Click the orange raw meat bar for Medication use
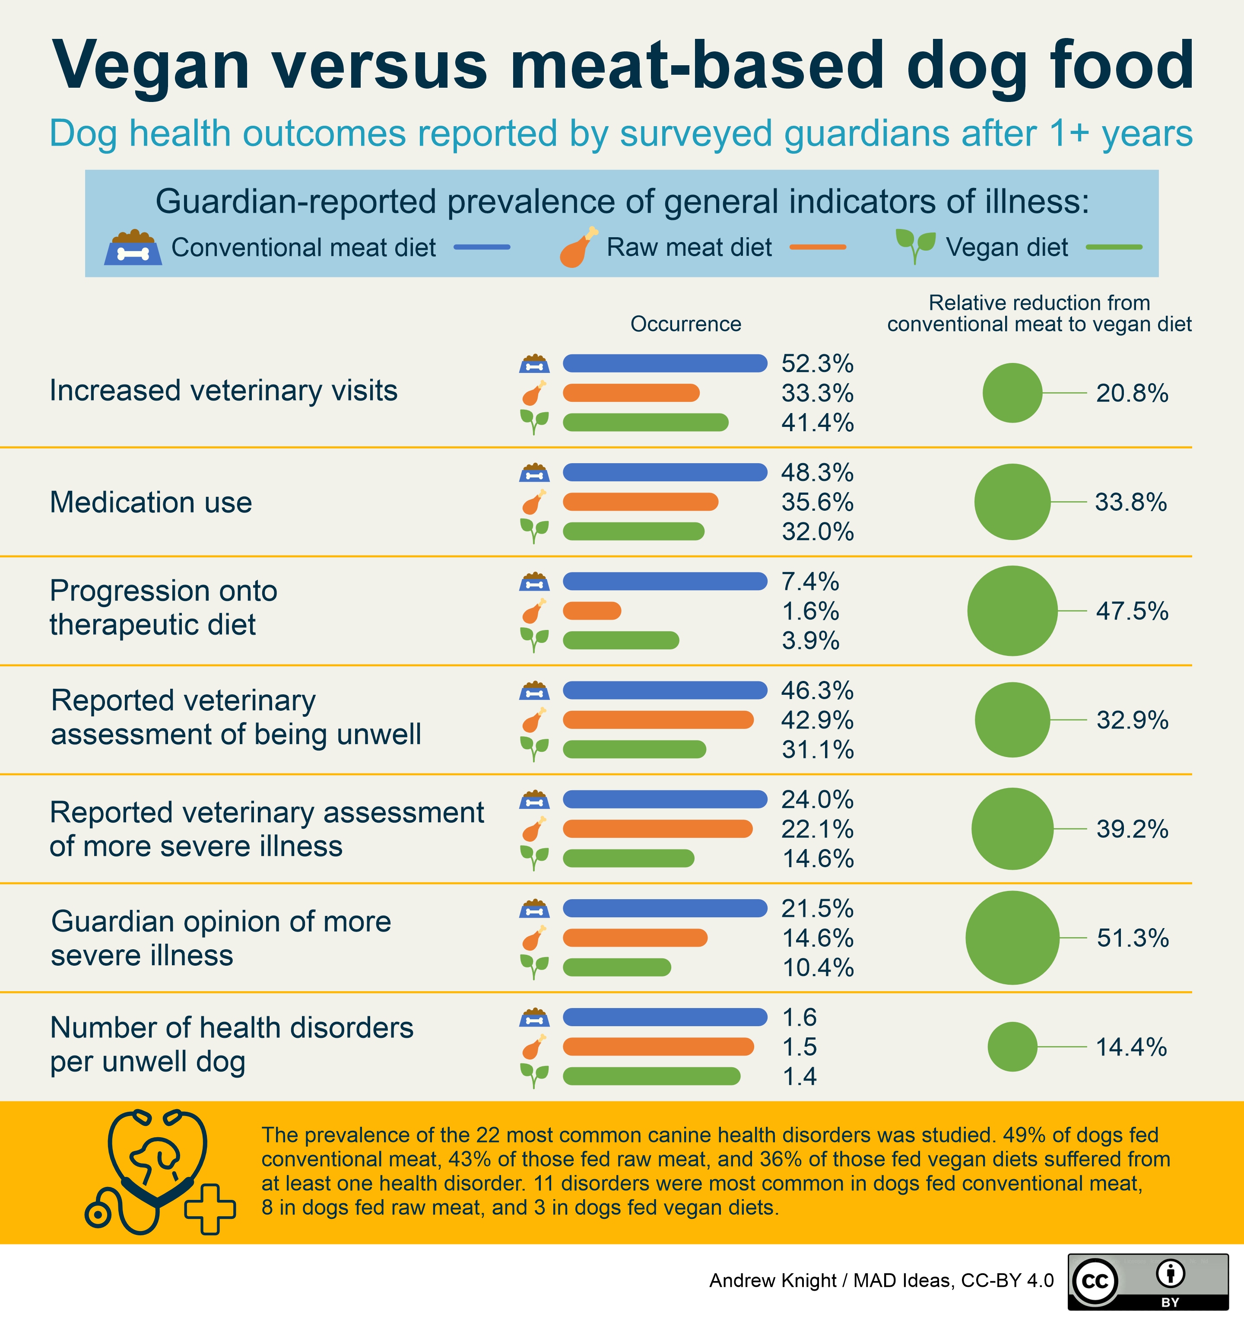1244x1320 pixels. pyautogui.click(x=640, y=502)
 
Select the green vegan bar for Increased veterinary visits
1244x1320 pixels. pyautogui.click(x=645, y=422)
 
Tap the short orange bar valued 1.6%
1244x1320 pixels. pyautogui.click(x=591, y=611)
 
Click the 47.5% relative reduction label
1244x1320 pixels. pyautogui.click(x=1132, y=611)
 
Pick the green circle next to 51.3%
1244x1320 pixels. pyautogui.click(x=1012, y=938)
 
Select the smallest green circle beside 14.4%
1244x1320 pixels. pyautogui.click(x=1012, y=1046)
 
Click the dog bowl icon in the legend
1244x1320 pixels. pyautogui.click(x=133, y=248)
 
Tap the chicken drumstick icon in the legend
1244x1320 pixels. pyautogui.click(x=578, y=248)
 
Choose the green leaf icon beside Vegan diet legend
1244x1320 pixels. pyautogui.click(x=915, y=246)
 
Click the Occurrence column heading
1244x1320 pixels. pyautogui.click(x=685, y=324)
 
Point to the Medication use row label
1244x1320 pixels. pyautogui.click(x=151, y=503)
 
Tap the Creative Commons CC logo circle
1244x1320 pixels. pyautogui.click(x=1095, y=1281)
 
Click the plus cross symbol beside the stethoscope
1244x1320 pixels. pyautogui.click(x=210, y=1209)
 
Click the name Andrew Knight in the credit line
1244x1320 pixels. pyautogui.click(x=772, y=1280)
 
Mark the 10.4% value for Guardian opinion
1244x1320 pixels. pyautogui.click(x=817, y=968)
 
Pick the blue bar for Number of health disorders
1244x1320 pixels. pyautogui.click(x=664, y=1017)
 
